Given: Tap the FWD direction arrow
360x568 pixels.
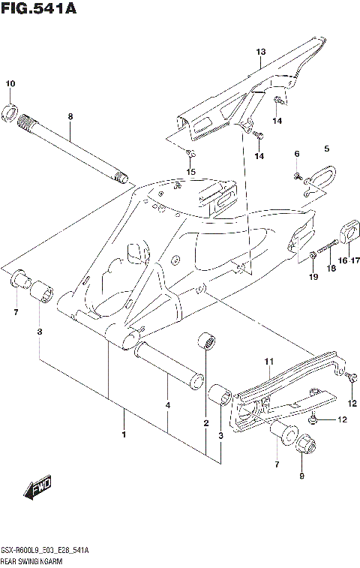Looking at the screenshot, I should (x=37, y=490).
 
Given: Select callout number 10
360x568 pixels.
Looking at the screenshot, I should (x=10, y=83).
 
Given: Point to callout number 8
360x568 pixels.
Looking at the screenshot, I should (x=70, y=116).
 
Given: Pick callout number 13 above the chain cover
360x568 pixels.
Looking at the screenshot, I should (x=260, y=52).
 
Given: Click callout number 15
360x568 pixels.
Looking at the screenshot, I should (x=190, y=172).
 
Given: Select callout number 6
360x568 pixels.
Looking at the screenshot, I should (x=296, y=154).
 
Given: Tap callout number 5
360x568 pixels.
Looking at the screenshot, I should (x=326, y=149).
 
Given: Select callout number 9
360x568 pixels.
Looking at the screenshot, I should (x=302, y=475).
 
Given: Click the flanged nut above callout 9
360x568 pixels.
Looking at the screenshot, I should (x=305, y=444).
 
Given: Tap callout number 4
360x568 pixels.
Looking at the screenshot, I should (x=167, y=405).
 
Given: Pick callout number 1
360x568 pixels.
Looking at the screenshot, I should (x=124, y=434).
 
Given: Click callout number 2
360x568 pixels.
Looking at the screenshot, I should (x=205, y=424).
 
